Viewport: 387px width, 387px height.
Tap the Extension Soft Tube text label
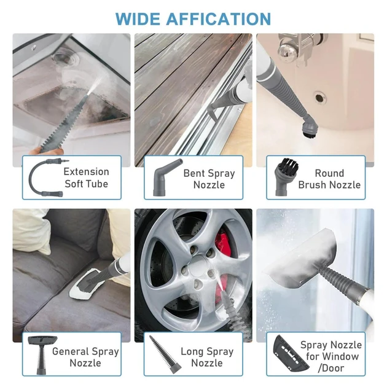(86, 178)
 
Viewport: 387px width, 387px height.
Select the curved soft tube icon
(43, 178)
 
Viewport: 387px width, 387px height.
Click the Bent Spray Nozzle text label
(209, 179)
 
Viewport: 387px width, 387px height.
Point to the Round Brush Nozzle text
(329, 179)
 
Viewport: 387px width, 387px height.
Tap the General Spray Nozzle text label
(85, 357)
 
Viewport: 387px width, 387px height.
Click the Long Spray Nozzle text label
(206, 357)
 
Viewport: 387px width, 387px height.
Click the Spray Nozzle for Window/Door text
(330, 356)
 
